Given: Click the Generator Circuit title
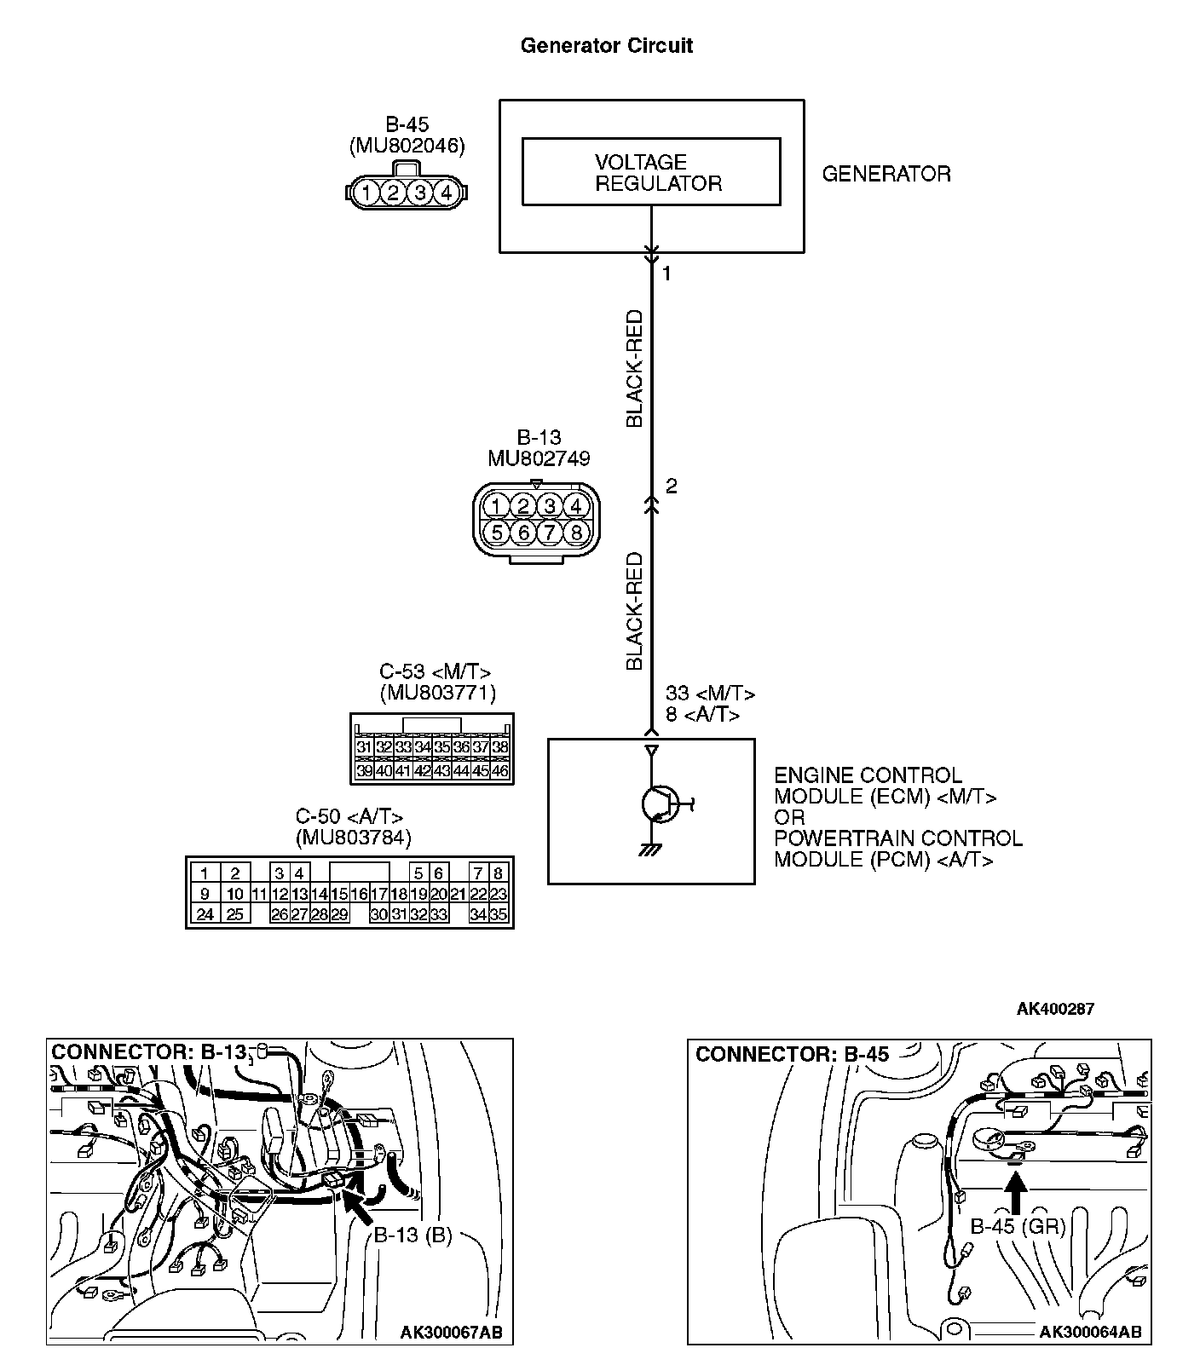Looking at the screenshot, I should [x=606, y=46].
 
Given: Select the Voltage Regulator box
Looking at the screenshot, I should [x=651, y=173].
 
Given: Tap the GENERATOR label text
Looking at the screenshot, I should [x=886, y=174].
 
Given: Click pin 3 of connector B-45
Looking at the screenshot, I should [x=419, y=193].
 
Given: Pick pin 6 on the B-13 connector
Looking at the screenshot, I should [x=523, y=533].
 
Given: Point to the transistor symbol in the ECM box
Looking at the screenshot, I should [x=657, y=803].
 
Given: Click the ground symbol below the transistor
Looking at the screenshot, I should [x=651, y=849].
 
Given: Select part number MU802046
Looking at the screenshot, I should [x=407, y=146].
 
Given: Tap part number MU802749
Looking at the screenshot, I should [x=539, y=458].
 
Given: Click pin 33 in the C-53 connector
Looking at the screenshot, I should [x=403, y=748].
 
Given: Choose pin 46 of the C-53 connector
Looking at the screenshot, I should [x=500, y=771].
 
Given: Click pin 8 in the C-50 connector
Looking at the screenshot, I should [x=499, y=873].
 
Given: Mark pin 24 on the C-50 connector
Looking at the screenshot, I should [x=205, y=915].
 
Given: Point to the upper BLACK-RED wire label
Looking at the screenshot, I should [x=635, y=368].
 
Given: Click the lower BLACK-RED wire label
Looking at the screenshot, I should [x=635, y=611].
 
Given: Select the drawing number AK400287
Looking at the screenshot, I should [x=1055, y=1009].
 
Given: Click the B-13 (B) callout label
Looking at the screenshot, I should [x=412, y=1235].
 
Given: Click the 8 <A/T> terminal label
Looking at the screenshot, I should [x=702, y=715].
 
